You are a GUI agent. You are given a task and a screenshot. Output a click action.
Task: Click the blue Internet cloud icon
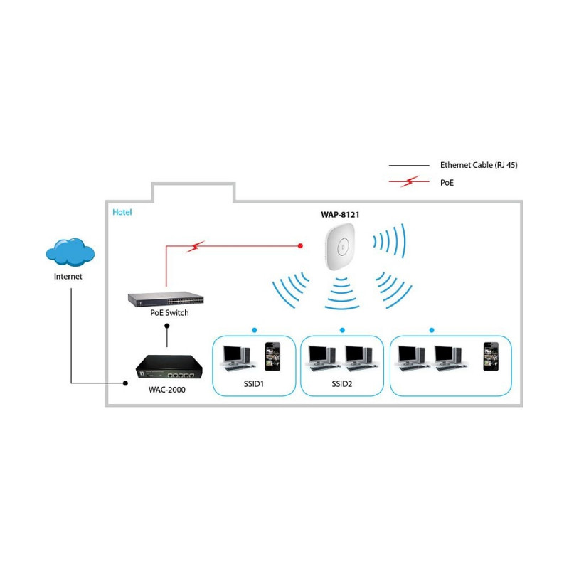point(70,252)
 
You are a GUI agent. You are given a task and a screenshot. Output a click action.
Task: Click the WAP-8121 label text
point(340,215)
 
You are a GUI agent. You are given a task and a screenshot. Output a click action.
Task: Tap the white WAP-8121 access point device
point(340,247)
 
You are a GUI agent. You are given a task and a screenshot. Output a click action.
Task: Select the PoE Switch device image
point(166,299)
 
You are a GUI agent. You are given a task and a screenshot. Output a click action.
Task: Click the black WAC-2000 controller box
point(169,367)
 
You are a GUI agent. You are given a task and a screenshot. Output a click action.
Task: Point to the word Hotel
point(122,212)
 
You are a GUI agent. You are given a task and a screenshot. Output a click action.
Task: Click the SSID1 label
point(254,384)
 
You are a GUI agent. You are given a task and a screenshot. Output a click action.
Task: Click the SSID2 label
point(342,384)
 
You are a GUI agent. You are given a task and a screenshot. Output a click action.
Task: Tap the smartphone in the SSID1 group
point(272,356)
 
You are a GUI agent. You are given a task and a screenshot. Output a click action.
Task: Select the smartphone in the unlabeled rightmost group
point(491,356)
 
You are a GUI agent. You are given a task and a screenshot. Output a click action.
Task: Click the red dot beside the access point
point(300,245)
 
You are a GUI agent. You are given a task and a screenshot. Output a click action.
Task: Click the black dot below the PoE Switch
point(167,326)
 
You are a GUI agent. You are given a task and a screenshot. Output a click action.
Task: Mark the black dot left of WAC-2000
point(125,383)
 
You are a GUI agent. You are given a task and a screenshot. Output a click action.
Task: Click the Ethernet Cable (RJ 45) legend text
point(479,165)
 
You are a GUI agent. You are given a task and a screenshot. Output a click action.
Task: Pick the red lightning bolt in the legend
point(410,181)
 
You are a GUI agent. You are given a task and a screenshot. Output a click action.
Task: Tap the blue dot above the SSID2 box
point(342,330)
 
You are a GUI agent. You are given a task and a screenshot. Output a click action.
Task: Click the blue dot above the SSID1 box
point(255,330)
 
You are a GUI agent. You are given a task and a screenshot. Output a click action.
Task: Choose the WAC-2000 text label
point(167,390)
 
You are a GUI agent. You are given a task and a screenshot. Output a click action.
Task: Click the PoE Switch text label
point(169,313)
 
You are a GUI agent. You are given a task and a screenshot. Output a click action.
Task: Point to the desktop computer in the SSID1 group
point(238,358)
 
